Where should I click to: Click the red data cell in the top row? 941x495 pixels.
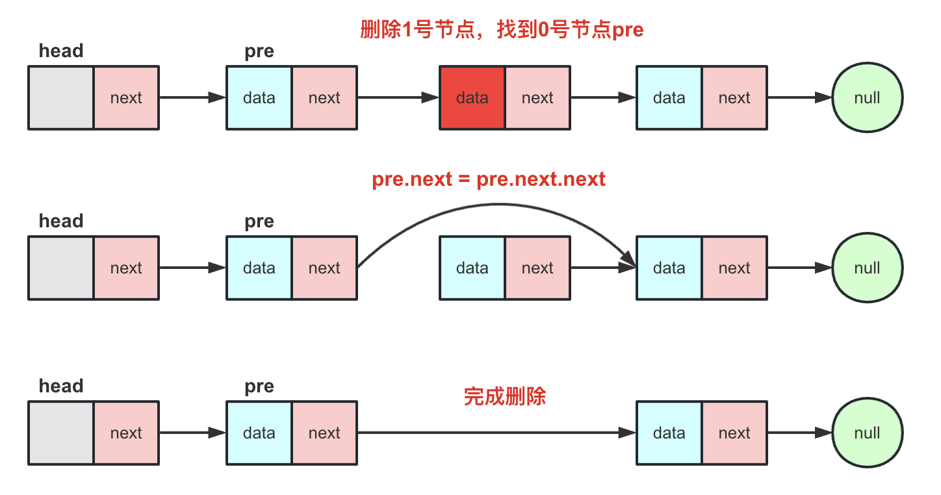click(x=472, y=98)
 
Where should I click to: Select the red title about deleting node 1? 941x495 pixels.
click(x=502, y=30)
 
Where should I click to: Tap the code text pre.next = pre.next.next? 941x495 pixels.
click(x=489, y=179)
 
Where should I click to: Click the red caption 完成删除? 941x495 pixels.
click(x=505, y=396)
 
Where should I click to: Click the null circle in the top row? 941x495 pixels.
click(x=867, y=98)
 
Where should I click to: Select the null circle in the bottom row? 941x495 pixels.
click(x=867, y=433)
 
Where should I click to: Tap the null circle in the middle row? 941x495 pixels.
click(x=867, y=268)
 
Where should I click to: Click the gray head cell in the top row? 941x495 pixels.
click(x=62, y=98)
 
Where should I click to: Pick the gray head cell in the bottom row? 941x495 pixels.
click(x=62, y=433)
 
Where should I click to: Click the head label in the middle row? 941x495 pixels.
click(x=61, y=221)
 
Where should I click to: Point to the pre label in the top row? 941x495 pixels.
click(x=259, y=51)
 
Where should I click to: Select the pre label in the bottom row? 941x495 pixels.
click(x=259, y=387)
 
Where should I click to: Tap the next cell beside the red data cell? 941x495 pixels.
click(x=537, y=98)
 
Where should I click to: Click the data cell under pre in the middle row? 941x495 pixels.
click(x=259, y=268)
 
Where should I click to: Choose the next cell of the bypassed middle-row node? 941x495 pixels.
click(x=537, y=268)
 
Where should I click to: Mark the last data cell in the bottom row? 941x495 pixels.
click(x=669, y=433)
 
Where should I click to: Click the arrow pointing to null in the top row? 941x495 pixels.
click(x=799, y=98)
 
